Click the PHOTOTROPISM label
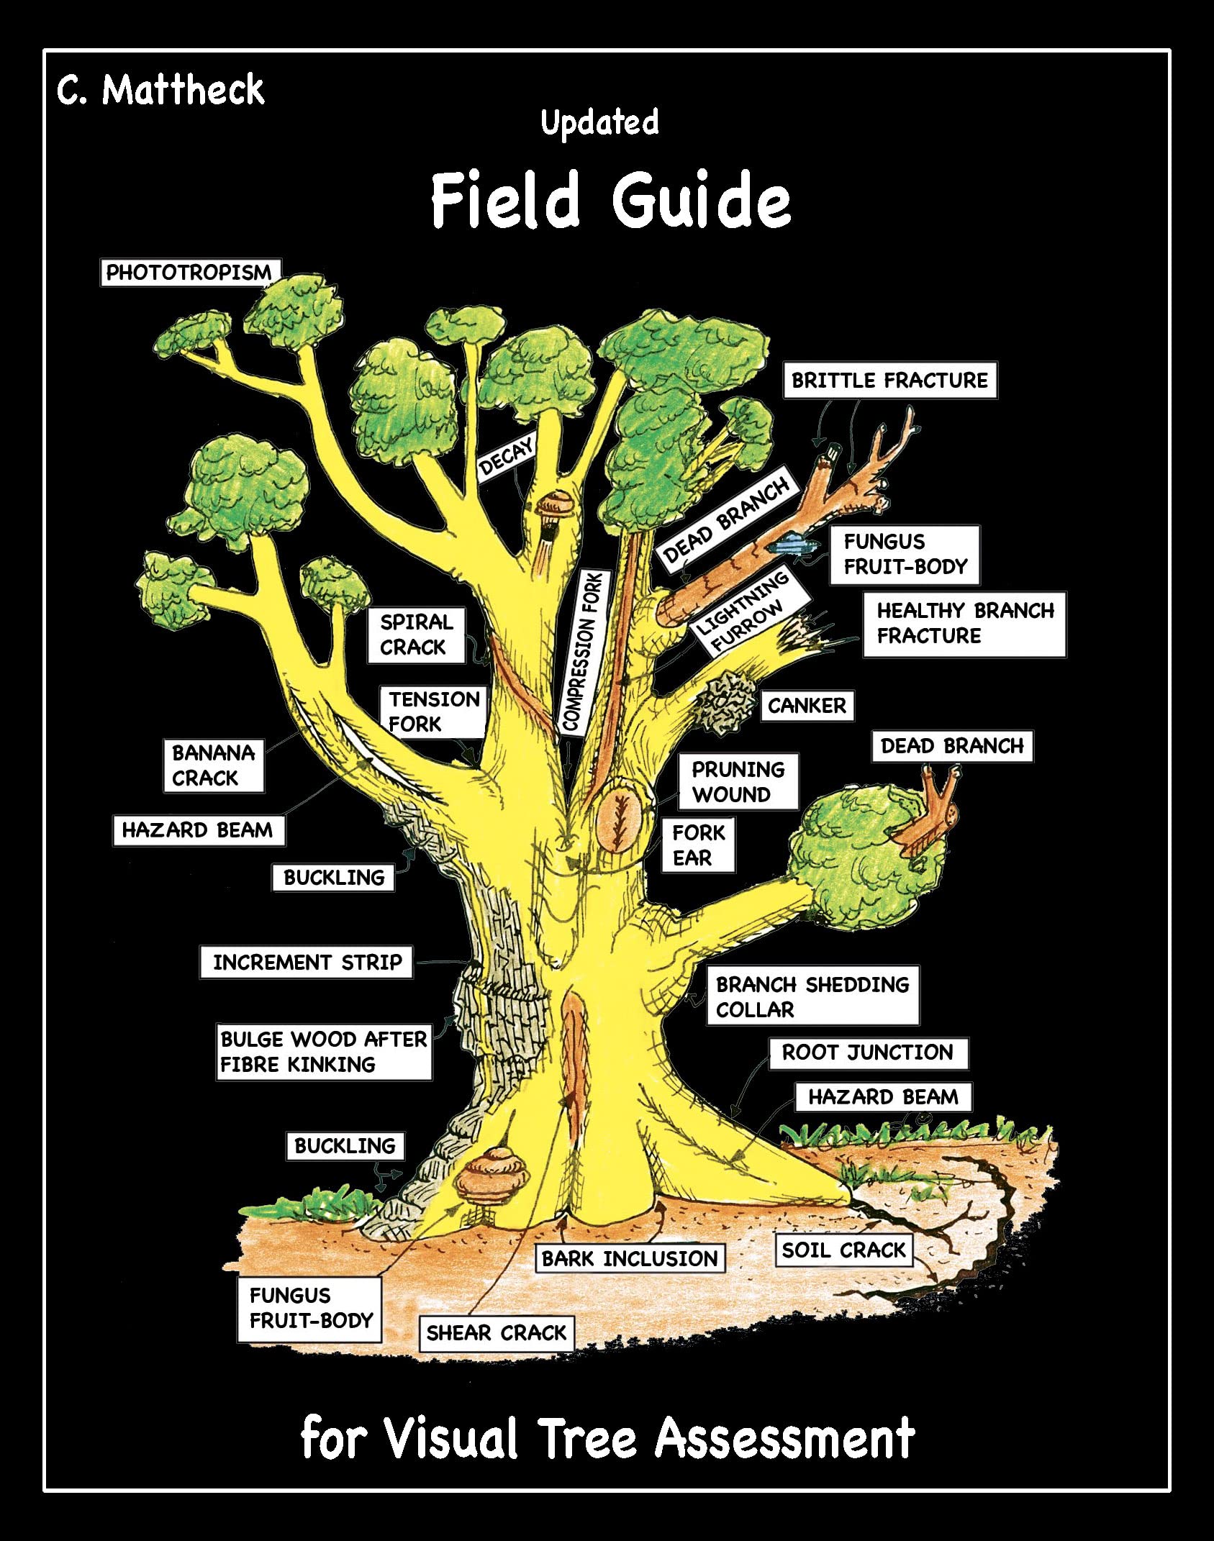189,273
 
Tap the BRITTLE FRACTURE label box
889,380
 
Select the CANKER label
807,706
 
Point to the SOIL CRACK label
843,1250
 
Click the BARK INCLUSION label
630,1258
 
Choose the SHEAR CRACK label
497,1333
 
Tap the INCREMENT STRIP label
307,963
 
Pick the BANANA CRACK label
213,765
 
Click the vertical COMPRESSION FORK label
582,652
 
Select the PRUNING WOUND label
738,782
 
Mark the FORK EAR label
698,845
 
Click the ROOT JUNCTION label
868,1053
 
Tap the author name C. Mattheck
160,90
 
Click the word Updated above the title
599,122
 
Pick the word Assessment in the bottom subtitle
784,1439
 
